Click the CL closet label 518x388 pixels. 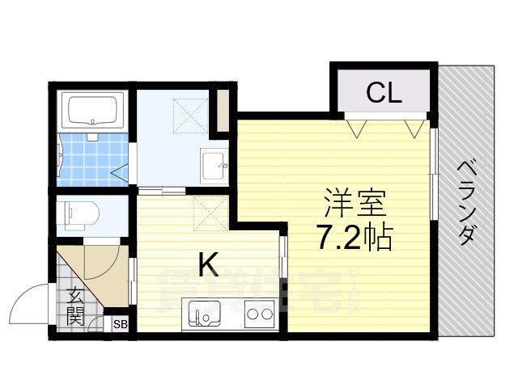click(383, 93)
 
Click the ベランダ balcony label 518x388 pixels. click(467, 202)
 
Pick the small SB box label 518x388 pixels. click(120, 324)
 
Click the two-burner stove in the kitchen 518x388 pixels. click(258, 313)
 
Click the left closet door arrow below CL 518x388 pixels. click(356, 126)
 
